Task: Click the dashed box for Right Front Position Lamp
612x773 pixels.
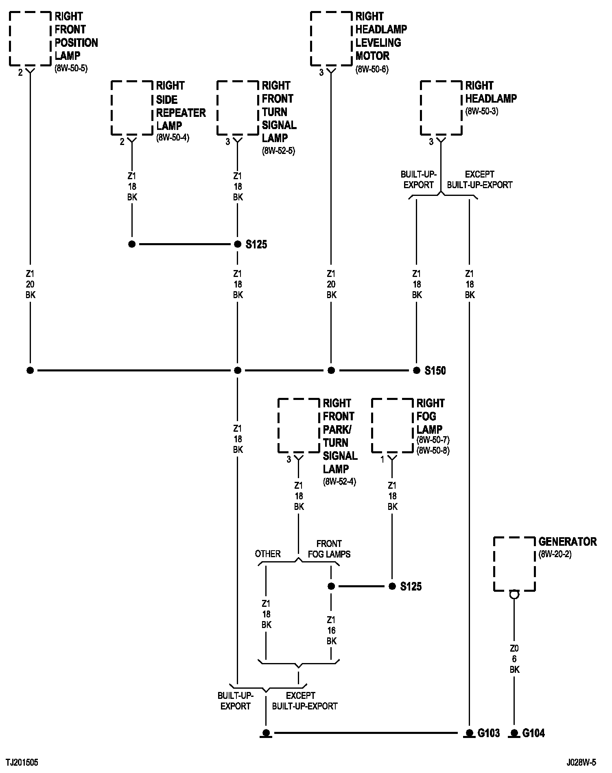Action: [x=30, y=38]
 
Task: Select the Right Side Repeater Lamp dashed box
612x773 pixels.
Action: [x=131, y=108]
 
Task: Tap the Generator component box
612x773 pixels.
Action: [x=514, y=564]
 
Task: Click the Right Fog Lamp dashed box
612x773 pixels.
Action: [x=392, y=426]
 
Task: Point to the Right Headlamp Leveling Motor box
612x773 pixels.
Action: [x=331, y=38]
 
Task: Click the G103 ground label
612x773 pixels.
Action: [x=488, y=733]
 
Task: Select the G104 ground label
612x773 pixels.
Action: [x=533, y=733]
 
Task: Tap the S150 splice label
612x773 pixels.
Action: [x=435, y=371]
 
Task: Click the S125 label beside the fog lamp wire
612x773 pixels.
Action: [x=411, y=586]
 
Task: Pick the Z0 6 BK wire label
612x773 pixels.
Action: [x=514, y=659]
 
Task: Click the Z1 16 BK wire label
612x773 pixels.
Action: [x=331, y=630]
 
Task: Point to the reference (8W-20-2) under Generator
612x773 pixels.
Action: [x=555, y=554]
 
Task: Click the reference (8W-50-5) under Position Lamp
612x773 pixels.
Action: [x=71, y=68]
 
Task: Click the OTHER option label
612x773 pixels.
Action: [x=268, y=554]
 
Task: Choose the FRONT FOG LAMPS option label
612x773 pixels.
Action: [x=329, y=549]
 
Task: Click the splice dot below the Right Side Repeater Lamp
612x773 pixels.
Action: [x=132, y=244]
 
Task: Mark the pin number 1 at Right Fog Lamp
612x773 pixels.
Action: [x=382, y=459]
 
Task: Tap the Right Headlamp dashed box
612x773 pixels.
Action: [x=441, y=108]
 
